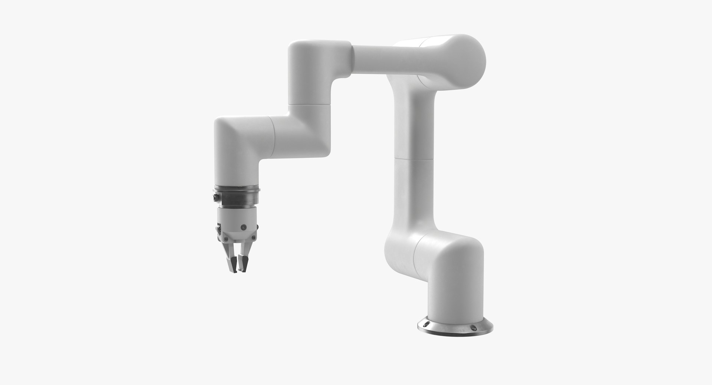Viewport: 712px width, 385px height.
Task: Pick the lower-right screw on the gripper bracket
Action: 253,238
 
